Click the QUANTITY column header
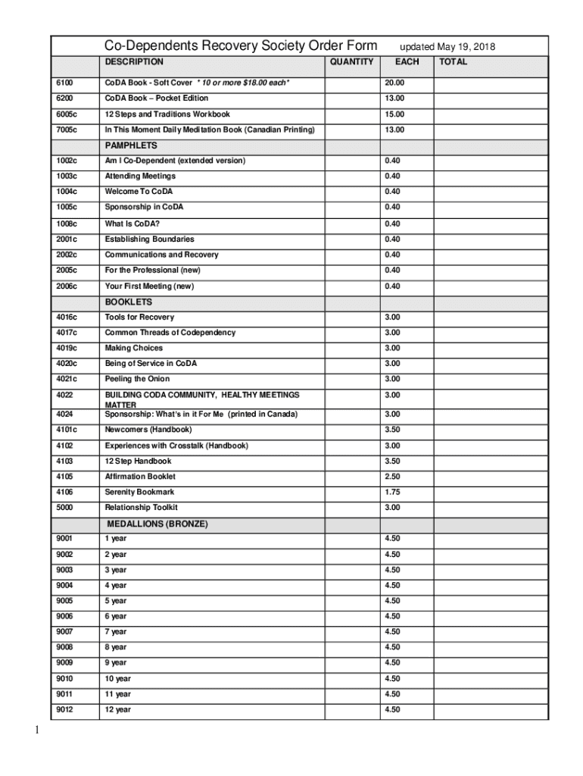[x=351, y=62]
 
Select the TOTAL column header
[x=453, y=62]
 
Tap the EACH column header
[x=407, y=62]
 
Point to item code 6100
[x=64, y=83]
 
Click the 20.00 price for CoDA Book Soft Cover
[x=394, y=83]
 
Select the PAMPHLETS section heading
[x=131, y=145]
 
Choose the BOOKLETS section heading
[x=129, y=302]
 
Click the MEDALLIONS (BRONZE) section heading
[x=157, y=524]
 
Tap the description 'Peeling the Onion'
[x=137, y=379]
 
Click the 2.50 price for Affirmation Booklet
[x=392, y=477]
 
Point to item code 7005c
[x=67, y=130]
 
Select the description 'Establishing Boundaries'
[x=149, y=239]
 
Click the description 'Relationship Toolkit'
[x=141, y=508]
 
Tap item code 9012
[x=64, y=710]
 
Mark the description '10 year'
[x=117, y=679]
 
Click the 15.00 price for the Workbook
[x=394, y=114]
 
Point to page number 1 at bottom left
[x=36, y=731]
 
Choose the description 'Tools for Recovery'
[x=139, y=318]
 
